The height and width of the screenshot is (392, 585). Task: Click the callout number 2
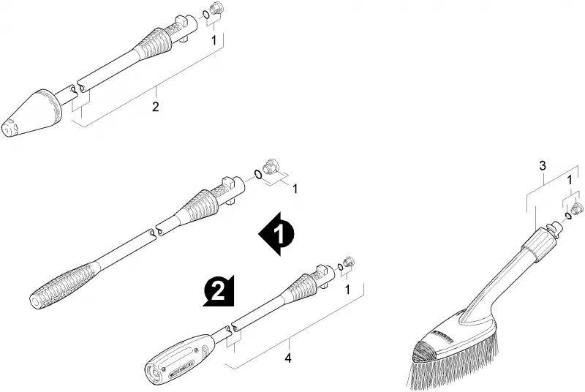[155, 107]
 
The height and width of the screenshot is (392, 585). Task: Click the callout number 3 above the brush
[543, 165]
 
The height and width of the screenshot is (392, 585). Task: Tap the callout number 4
[287, 358]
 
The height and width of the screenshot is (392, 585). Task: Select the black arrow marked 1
[276, 234]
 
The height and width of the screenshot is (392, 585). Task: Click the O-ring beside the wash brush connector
[568, 216]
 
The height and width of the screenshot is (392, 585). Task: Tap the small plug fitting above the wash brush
[577, 208]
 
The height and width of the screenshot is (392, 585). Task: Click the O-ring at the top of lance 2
[205, 15]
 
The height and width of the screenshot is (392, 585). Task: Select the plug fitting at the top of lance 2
[214, 8]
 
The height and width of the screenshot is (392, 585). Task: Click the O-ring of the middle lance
[257, 173]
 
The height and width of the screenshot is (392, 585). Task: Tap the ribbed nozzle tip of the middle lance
[64, 284]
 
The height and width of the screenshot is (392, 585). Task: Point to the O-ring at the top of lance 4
[339, 267]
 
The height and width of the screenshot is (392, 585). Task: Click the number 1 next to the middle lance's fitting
[295, 189]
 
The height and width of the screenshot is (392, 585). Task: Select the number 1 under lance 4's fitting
[348, 290]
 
